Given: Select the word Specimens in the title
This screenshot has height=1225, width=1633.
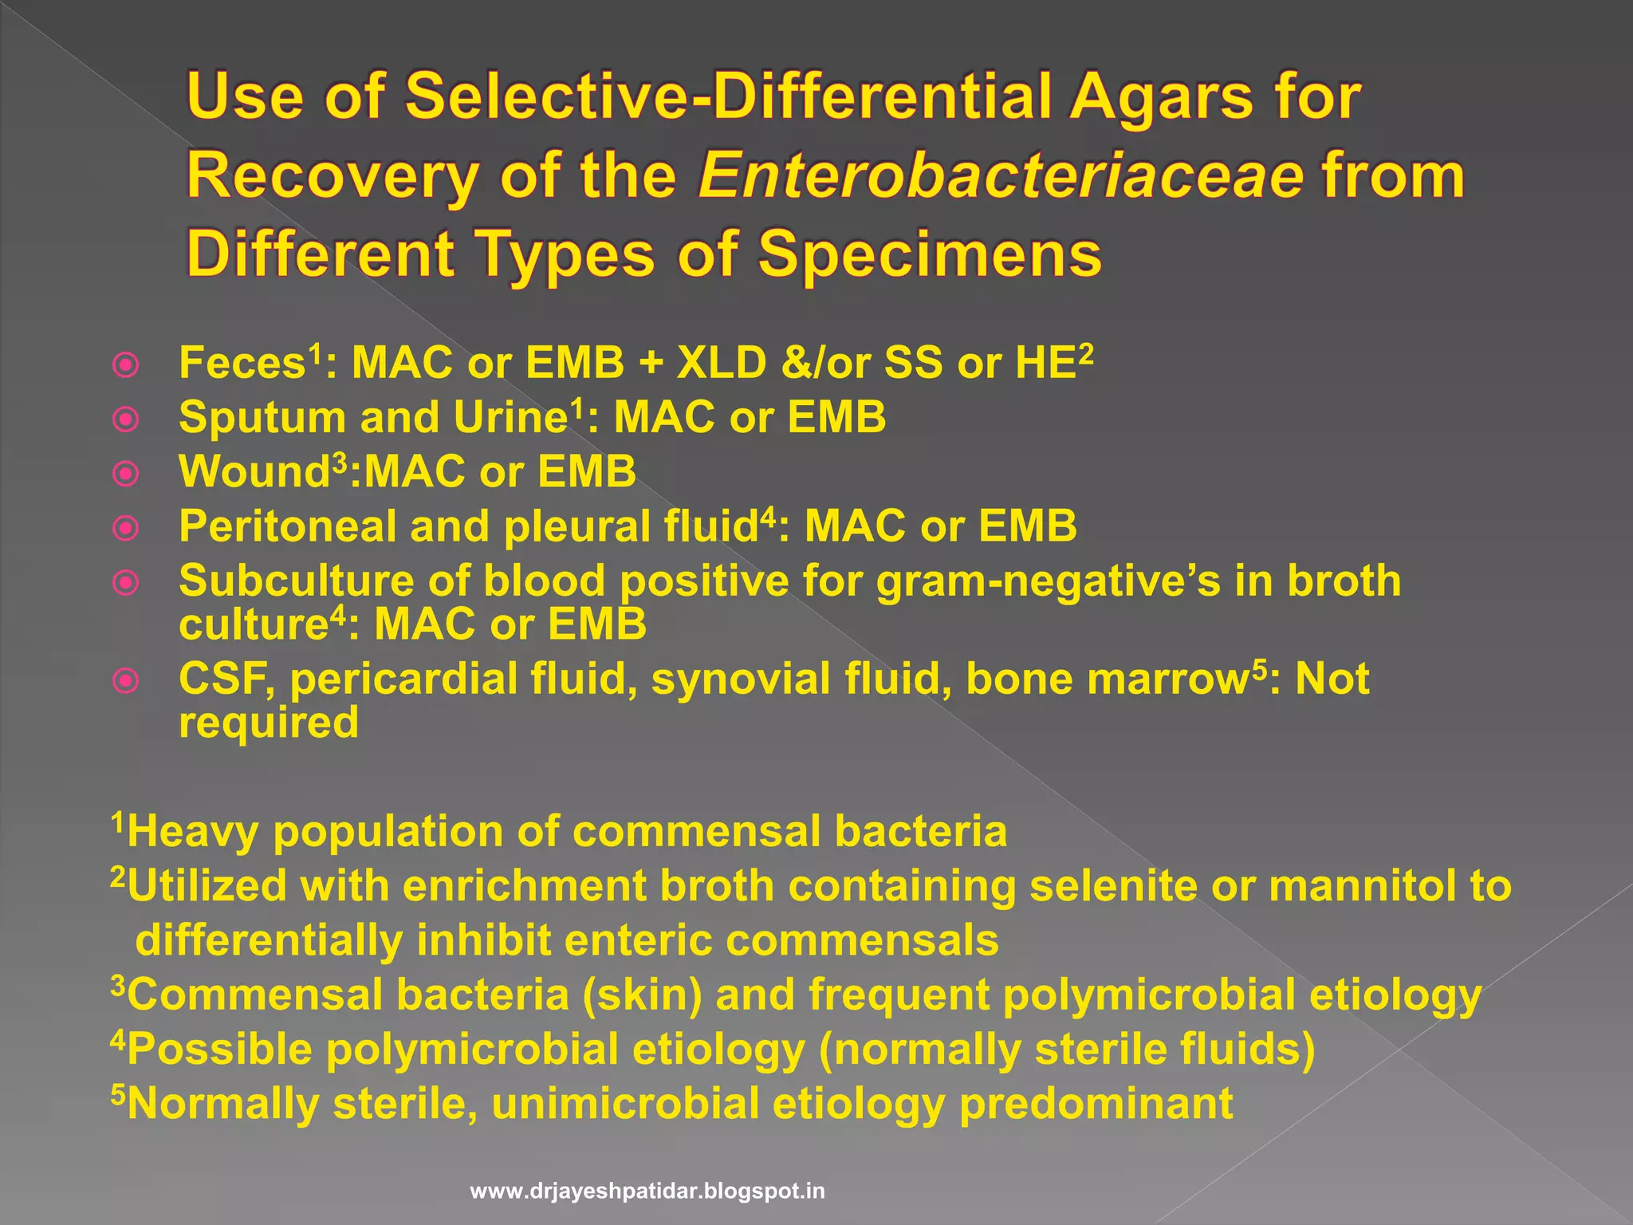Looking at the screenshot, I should click(x=929, y=254).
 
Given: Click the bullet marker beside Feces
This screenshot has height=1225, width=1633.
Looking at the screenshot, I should click(x=126, y=365).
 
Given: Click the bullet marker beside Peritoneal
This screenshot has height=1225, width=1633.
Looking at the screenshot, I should click(x=126, y=528).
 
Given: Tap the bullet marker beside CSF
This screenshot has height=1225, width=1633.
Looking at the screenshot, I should click(x=126, y=681).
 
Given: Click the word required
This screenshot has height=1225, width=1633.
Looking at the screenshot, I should click(x=269, y=723).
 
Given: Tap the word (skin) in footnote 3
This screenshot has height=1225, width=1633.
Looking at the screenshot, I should click(x=642, y=996).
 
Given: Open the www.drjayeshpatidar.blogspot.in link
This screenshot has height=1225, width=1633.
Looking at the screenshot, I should click(x=647, y=1192).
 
